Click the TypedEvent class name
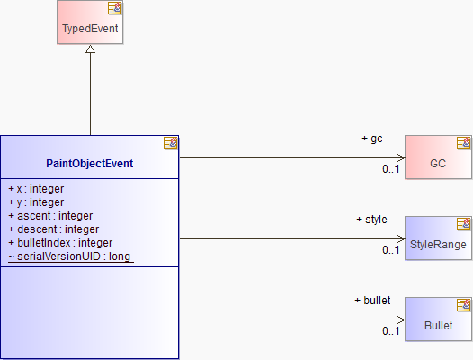90,29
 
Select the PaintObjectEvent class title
89,164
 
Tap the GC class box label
438,164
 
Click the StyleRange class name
438,245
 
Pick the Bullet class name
438,326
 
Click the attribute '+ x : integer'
36,189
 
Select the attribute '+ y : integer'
36,202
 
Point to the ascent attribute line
50,216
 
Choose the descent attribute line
54,229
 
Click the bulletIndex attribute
60,243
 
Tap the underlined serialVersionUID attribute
69,256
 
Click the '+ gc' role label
372,139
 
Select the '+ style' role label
371,220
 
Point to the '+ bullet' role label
372,301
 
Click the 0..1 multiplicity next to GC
391,169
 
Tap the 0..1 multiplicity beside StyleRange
391,250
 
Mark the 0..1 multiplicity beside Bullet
391,331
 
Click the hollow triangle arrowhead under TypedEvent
90,49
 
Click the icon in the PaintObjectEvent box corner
171,143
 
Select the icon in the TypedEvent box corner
114,8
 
